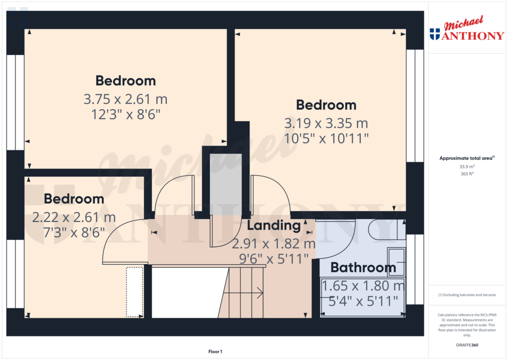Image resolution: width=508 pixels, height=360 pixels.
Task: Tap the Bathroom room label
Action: click(363, 268)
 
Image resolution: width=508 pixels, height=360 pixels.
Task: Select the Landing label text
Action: click(274, 225)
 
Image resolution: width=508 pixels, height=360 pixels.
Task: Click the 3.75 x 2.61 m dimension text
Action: click(126, 99)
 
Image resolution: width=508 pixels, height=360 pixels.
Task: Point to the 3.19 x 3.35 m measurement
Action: click(326, 123)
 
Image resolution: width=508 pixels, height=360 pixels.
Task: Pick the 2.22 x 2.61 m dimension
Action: click(74, 217)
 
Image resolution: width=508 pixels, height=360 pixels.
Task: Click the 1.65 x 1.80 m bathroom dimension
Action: click(363, 287)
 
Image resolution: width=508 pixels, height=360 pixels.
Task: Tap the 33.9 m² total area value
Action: click(467, 167)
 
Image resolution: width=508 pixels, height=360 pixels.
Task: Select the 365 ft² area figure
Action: click(467, 174)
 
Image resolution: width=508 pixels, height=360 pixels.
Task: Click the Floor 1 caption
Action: click(215, 352)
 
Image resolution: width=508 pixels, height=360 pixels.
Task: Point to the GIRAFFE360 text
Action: click(467, 345)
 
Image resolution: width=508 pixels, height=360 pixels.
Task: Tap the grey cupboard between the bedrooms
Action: click(225, 184)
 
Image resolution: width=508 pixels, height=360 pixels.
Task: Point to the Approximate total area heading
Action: click(467, 158)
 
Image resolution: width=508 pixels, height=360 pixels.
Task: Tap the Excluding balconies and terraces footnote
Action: click(467, 295)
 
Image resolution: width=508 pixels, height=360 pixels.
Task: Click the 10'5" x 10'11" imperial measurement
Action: click(326, 138)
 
